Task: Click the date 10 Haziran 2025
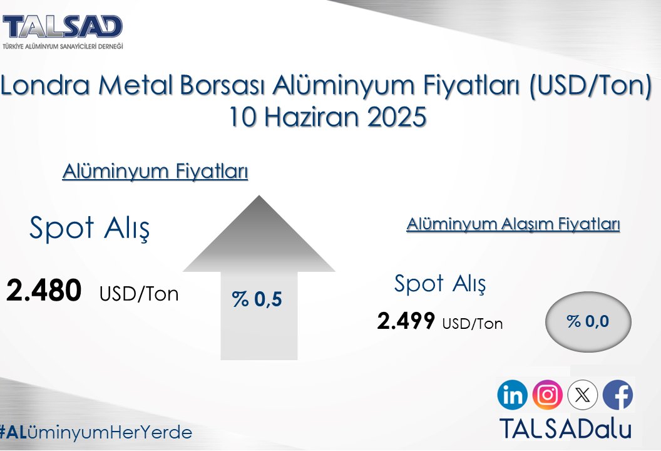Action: pyautogui.click(x=327, y=117)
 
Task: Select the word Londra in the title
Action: pyautogui.click(x=44, y=86)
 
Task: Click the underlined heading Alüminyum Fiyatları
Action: pyautogui.click(x=155, y=171)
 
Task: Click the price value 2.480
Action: pyautogui.click(x=44, y=291)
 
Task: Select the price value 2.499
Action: pyautogui.click(x=406, y=321)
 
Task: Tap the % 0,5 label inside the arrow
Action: pyautogui.click(x=257, y=299)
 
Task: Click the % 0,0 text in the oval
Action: pyautogui.click(x=588, y=321)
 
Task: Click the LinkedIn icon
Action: pyautogui.click(x=513, y=395)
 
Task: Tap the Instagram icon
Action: pyautogui.click(x=547, y=395)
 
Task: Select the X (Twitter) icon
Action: pyautogui.click(x=582, y=395)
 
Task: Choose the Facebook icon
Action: pyautogui.click(x=618, y=395)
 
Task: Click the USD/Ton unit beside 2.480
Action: pyautogui.click(x=139, y=294)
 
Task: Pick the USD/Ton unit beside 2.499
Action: pyautogui.click(x=472, y=324)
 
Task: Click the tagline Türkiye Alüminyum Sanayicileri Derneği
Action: pyautogui.click(x=63, y=46)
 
